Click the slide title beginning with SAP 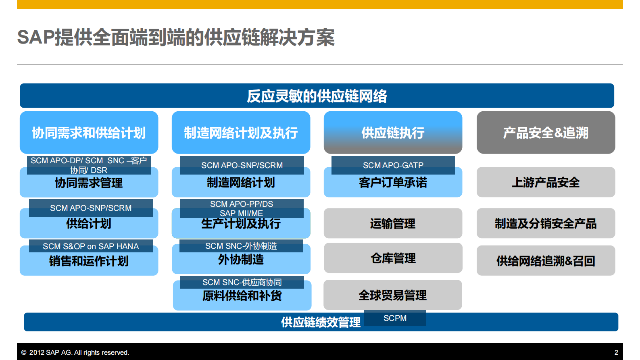click(x=176, y=37)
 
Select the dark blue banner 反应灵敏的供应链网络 click(x=317, y=96)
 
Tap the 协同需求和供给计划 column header click(x=89, y=133)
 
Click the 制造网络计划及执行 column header click(x=241, y=133)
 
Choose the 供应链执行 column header click(x=393, y=133)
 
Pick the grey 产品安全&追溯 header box click(x=546, y=133)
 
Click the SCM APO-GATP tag click(x=393, y=165)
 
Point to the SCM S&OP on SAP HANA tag click(x=91, y=246)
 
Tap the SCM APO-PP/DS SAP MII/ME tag click(x=242, y=208)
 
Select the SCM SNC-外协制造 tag click(x=241, y=246)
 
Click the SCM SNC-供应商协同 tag click(x=242, y=282)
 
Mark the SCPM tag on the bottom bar click(x=395, y=318)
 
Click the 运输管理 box click(x=393, y=223)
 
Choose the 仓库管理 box click(x=393, y=258)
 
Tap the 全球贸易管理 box click(x=393, y=295)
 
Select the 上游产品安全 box click(x=546, y=182)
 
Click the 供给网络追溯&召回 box click(x=546, y=261)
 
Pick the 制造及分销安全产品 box click(x=546, y=223)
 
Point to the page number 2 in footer click(x=616, y=352)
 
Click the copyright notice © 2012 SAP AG click(x=75, y=352)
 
